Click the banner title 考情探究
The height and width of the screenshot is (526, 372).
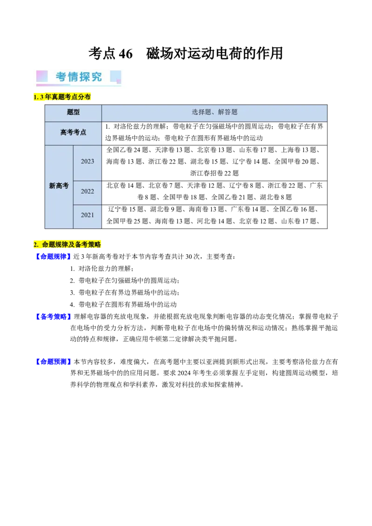(79, 77)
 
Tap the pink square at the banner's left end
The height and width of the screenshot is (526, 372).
(42, 76)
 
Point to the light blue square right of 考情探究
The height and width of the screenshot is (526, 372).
(115, 76)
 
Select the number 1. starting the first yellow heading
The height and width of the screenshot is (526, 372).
(36, 97)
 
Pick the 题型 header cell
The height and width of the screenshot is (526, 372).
(73, 112)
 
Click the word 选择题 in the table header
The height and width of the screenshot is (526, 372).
(201, 112)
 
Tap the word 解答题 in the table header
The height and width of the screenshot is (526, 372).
(228, 112)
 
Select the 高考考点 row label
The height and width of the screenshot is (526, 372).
(73, 132)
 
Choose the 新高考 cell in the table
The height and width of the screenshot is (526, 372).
(59, 186)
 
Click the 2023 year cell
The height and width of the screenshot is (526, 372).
(87, 161)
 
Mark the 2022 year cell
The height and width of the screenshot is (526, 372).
(87, 191)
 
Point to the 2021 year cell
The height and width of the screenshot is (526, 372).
(87, 215)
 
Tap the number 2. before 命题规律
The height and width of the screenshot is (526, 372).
(36, 244)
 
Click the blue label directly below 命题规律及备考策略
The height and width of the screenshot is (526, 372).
(53, 256)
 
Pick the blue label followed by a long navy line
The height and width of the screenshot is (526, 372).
(53, 316)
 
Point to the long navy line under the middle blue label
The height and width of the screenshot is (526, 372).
(112, 321)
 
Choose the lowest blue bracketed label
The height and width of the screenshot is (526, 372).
(53, 361)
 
